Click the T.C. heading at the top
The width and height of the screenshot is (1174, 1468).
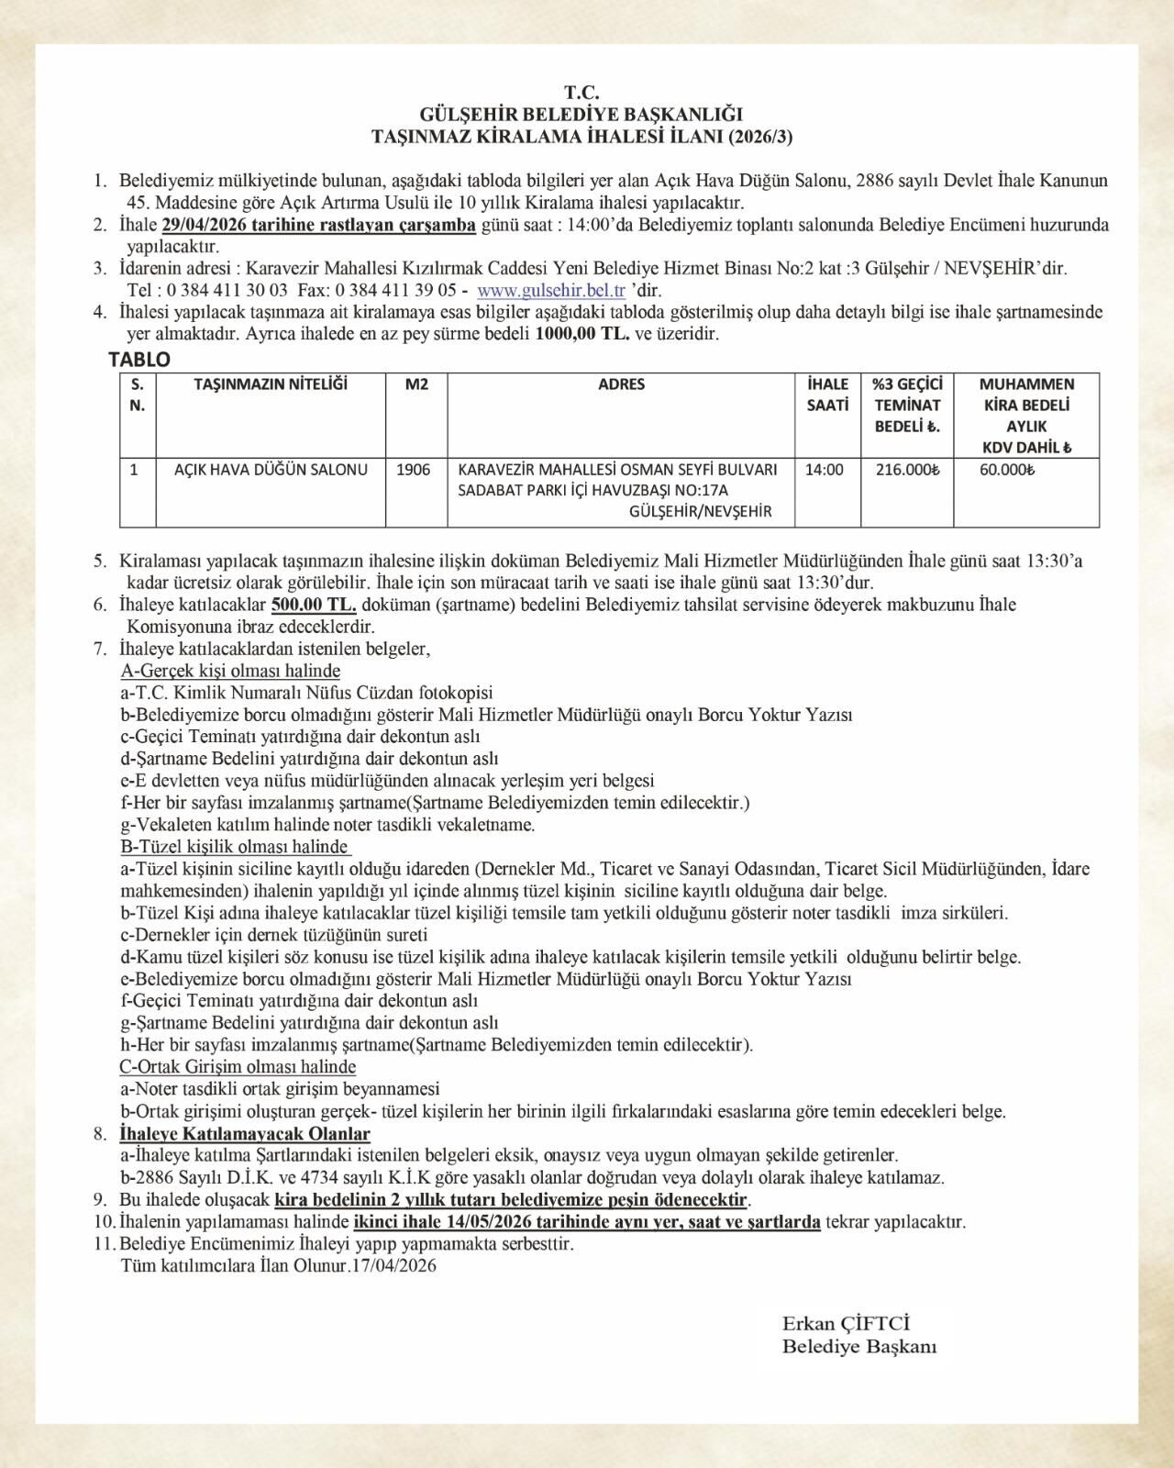pyautogui.click(x=581, y=93)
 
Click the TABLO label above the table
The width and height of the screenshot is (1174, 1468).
pyautogui.click(x=139, y=360)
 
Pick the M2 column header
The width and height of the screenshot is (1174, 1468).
pyautogui.click(x=416, y=384)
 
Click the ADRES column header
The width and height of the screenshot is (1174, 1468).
pyautogui.click(x=621, y=384)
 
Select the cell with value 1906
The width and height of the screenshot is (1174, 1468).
pyautogui.click(x=413, y=470)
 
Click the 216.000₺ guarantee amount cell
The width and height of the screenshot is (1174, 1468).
pyautogui.click(x=907, y=470)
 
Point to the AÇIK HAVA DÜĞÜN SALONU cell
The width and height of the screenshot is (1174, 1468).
pyautogui.click(x=271, y=470)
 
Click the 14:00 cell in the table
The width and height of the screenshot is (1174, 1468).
pyautogui.click(x=825, y=470)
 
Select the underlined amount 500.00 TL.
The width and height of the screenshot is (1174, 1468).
pyautogui.click(x=314, y=606)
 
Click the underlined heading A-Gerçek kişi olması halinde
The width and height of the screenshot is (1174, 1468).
pyautogui.click(x=229, y=672)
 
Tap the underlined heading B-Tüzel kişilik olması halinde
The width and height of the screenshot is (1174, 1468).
pyautogui.click(x=235, y=847)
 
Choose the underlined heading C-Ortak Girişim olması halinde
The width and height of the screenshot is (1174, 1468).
pyautogui.click(x=238, y=1067)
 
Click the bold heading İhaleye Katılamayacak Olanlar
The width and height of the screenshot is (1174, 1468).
pyautogui.click(x=245, y=1135)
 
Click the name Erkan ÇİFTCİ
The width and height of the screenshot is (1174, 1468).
pyautogui.click(x=846, y=1324)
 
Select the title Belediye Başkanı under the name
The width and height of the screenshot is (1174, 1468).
pyautogui.click(x=859, y=1347)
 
